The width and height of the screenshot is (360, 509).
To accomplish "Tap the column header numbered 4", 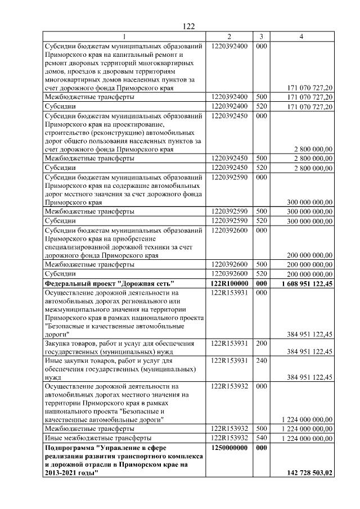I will [x=302, y=37].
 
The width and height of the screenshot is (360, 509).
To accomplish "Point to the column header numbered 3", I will [x=262, y=37].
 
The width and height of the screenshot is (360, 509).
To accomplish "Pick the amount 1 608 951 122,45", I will [x=307, y=284].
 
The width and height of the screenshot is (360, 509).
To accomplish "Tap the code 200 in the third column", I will [x=262, y=343].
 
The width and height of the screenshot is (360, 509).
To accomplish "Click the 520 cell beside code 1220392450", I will [x=262, y=168].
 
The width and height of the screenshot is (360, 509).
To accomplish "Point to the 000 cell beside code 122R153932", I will [x=262, y=386].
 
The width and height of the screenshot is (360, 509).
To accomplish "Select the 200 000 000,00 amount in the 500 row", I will [x=310, y=264].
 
